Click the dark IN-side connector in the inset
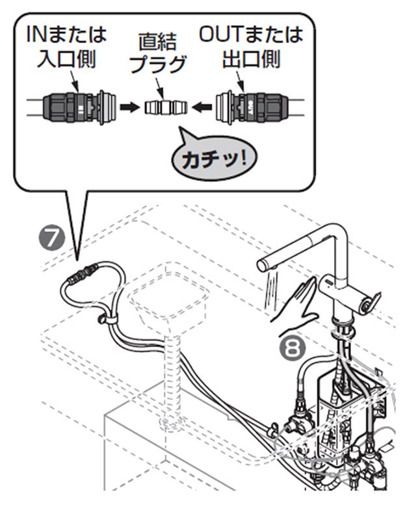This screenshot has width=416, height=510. click(x=72, y=105)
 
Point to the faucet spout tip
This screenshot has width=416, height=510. click(x=263, y=265)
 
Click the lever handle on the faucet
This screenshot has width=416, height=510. click(x=371, y=300)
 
